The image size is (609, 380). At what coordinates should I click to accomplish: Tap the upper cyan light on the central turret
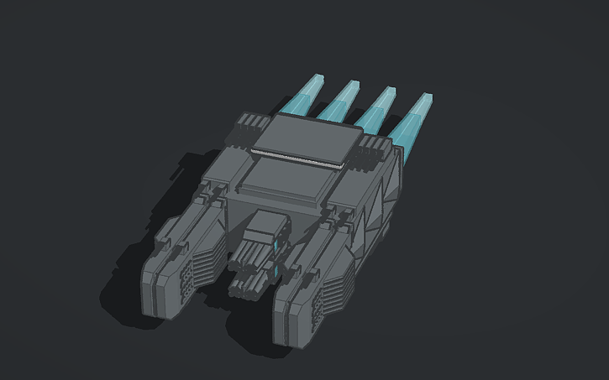tap(276, 244)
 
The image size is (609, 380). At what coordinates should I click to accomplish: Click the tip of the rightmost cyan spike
tap(429, 98)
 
